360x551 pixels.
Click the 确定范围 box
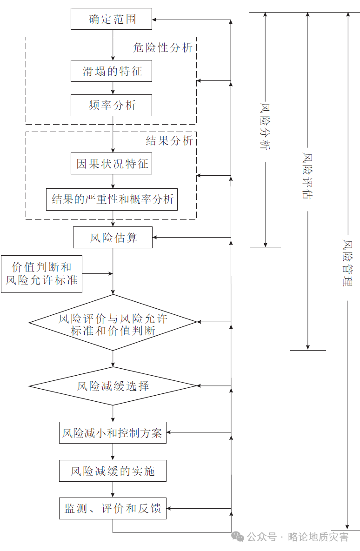[x=112, y=19]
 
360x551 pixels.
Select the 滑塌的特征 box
[x=112, y=71]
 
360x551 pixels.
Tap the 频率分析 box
[x=112, y=105]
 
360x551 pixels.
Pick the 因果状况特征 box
[x=112, y=163]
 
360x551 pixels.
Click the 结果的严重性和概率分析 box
[x=112, y=199]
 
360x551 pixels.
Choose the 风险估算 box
[x=113, y=238]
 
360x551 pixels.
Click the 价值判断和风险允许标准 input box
[x=41, y=274]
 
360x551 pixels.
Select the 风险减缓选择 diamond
[x=113, y=386]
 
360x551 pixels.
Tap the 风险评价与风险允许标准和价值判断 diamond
[x=113, y=322]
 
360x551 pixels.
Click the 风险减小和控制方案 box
[x=113, y=432]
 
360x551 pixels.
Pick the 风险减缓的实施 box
[x=113, y=471]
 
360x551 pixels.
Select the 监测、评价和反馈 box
[x=113, y=508]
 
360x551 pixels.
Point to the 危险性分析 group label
[x=163, y=47]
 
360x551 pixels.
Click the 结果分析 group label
[x=169, y=140]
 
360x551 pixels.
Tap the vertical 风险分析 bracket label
[x=266, y=126]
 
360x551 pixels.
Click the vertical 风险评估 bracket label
[x=307, y=176]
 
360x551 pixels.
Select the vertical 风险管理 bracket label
[x=348, y=263]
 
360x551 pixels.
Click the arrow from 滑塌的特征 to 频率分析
[x=113, y=88]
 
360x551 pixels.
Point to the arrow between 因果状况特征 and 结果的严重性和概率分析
[x=113, y=181]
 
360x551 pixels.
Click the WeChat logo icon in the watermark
[x=238, y=537]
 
